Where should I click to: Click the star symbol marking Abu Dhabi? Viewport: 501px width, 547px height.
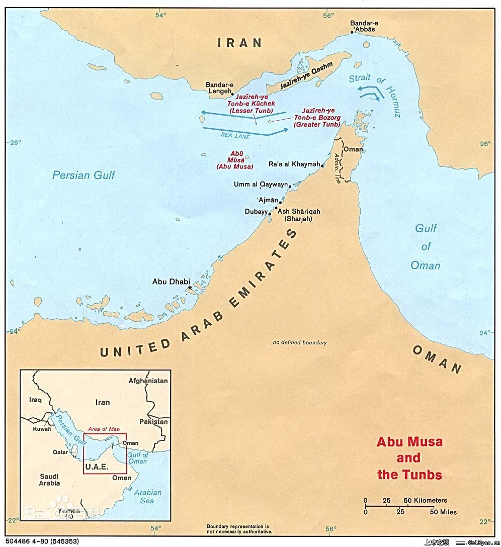pyautogui.click(x=190, y=287)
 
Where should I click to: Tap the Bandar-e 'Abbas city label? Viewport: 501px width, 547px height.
pyautogui.click(x=365, y=26)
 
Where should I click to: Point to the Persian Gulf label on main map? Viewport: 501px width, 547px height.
pyautogui.click(x=83, y=175)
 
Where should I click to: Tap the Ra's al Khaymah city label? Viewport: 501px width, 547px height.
pyautogui.click(x=295, y=164)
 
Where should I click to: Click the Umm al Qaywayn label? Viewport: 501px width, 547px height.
pyautogui.click(x=260, y=185)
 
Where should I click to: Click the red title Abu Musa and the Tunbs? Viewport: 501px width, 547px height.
pyautogui.click(x=409, y=458)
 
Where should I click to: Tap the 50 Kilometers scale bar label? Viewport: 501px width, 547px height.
pyautogui.click(x=425, y=500)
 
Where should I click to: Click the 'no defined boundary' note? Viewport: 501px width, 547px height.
pyautogui.click(x=300, y=343)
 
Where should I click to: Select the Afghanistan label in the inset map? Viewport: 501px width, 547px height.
pyautogui.click(x=148, y=381)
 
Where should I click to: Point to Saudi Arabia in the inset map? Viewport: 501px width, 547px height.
pyautogui.click(x=43, y=480)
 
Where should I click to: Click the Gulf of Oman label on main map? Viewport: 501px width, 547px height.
pyautogui.click(x=426, y=246)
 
